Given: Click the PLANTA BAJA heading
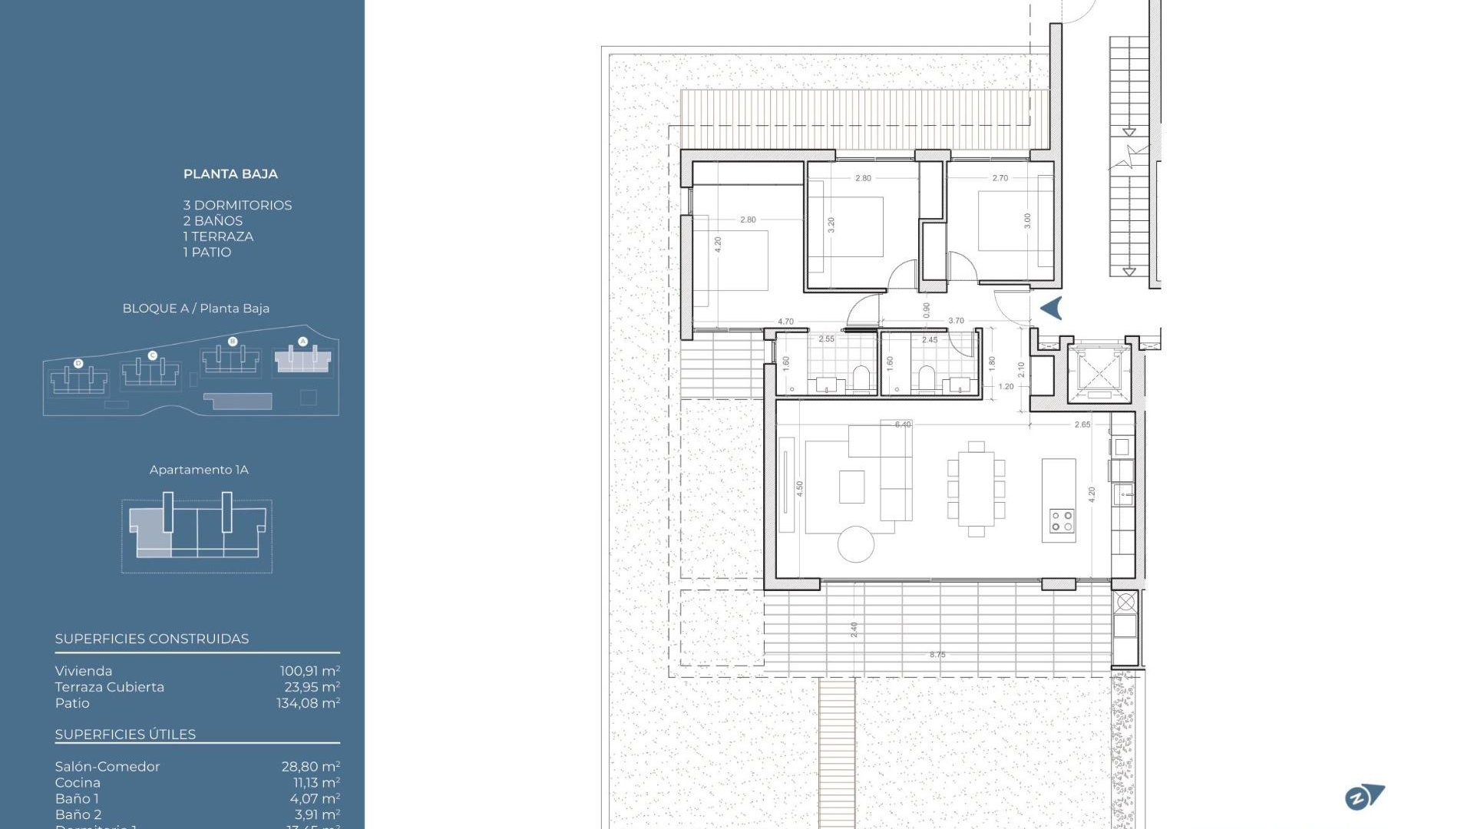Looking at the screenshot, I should tap(230, 174).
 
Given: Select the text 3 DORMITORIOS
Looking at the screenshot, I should tap(237, 205).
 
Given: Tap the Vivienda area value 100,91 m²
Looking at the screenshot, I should tap(309, 671).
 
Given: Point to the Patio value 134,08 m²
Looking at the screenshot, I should tap(308, 703).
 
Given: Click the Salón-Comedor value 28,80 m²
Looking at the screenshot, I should tap(310, 766).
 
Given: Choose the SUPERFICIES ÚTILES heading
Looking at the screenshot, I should tap(125, 735).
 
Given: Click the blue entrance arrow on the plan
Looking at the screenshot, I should tap(1052, 308).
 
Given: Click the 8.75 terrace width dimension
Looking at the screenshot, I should tap(937, 655).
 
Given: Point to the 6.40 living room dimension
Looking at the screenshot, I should tap(903, 424).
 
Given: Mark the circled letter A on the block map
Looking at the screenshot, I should tap(302, 341).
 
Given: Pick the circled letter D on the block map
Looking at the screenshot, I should tap(78, 363).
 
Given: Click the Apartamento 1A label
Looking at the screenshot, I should tap(199, 470).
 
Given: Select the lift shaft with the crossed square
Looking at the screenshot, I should tap(1099, 374).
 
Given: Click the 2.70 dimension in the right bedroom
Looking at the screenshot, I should tap(1000, 178).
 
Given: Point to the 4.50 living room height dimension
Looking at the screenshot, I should tap(799, 489).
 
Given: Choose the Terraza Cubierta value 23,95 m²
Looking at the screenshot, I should tap(312, 687).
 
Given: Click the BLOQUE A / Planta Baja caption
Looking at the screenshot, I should tap(196, 309).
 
